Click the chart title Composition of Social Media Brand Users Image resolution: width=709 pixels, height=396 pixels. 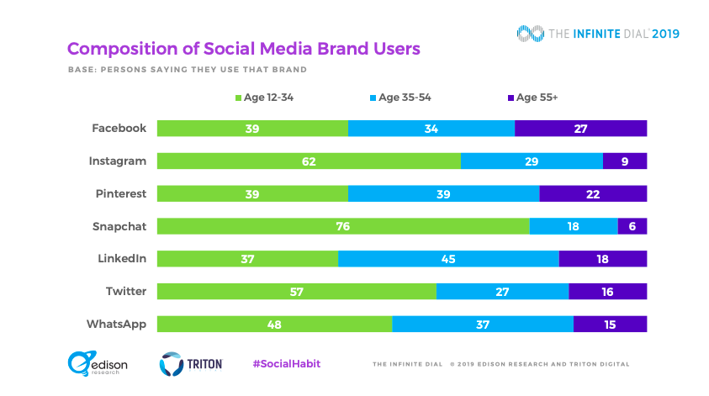pos(243,49)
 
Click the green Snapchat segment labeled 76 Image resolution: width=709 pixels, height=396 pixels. pos(343,226)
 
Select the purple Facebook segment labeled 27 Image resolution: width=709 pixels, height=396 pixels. pos(580,129)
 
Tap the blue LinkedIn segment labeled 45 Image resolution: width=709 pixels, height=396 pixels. pos(448,259)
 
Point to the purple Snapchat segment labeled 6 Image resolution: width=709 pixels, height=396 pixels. pos(632,226)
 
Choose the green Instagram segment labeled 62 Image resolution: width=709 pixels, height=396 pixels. pos(309,161)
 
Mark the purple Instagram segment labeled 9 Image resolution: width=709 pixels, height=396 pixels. pos(625,161)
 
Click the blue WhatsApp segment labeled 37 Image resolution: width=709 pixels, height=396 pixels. pos(483,324)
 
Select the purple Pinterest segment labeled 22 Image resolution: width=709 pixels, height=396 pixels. pos(593,193)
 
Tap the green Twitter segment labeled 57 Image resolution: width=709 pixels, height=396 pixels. pos(297,291)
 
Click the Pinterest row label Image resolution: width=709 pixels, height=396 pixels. pos(119,193)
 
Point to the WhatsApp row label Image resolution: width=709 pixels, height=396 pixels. pos(116,324)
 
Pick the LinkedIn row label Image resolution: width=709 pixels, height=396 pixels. pos(121,259)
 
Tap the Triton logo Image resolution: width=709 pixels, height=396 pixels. pos(191,363)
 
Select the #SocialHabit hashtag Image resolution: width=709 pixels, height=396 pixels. pos(286,363)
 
